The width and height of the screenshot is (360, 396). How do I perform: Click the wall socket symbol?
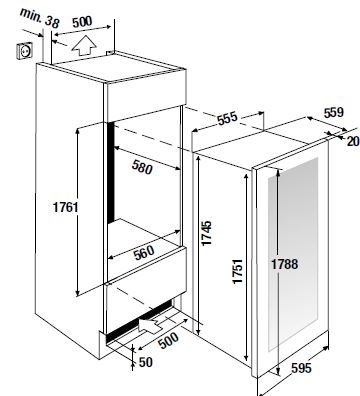[x=25, y=51]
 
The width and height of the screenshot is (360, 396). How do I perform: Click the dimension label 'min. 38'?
[x=40, y=17]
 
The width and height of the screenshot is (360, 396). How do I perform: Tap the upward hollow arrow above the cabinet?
[x=84, y=45]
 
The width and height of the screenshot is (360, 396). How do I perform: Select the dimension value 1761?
[x=65, y=207]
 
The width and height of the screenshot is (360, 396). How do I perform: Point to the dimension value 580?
[x=142, y=166]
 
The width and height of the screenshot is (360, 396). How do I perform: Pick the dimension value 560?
[x=144, y=252]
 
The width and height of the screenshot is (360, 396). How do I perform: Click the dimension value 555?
[x=227, y=118]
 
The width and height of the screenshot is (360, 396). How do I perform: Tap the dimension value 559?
[x=333, y=113]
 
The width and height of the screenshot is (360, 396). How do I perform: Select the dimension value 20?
[x=353, y=141]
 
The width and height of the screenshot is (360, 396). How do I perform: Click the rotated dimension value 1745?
[x=207, y=233]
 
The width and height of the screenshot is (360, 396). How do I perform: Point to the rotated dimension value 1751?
[x=238, y=271]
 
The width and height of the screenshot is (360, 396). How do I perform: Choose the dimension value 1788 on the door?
[x=284, y=264]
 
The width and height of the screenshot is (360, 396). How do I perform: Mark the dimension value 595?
[x=301, y=368]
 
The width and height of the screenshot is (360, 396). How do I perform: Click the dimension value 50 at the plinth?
[x=145, y=362]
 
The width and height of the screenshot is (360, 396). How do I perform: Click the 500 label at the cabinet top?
[x=82, y=22]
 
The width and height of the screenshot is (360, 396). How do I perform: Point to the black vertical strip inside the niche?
[x=111, y=172]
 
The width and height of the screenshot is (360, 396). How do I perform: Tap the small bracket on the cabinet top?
[x=110, y=53]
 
